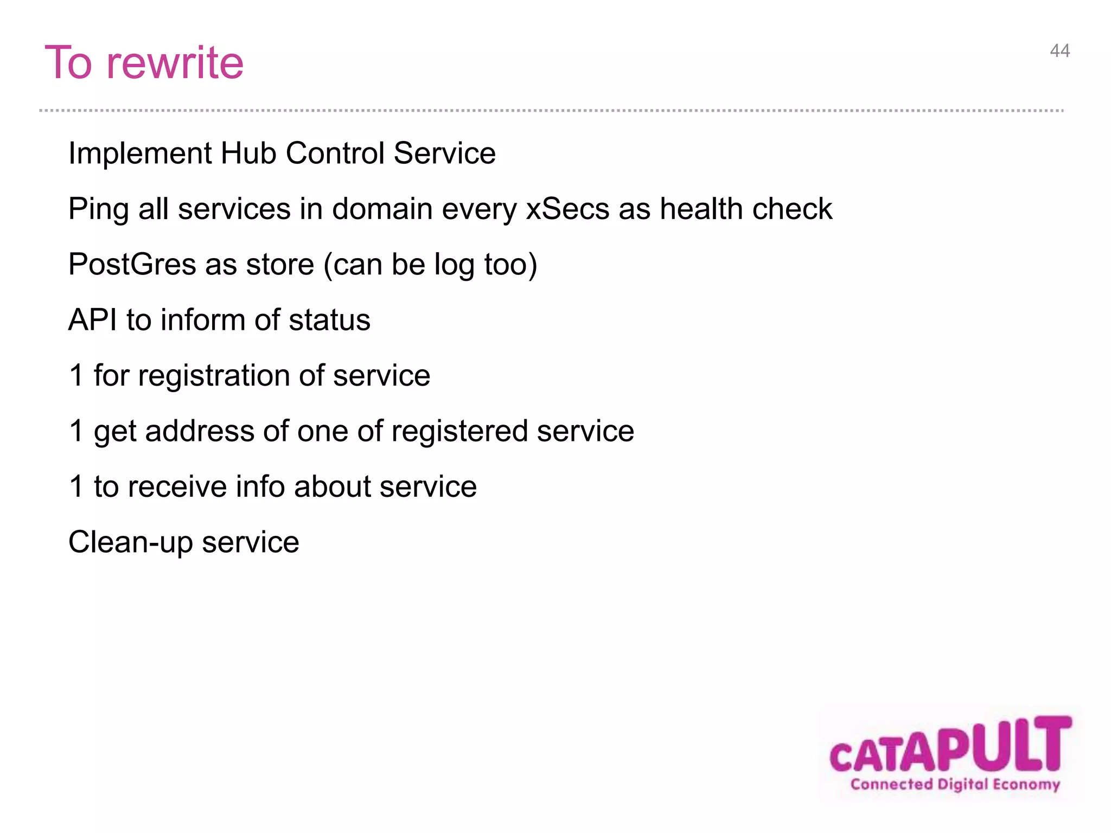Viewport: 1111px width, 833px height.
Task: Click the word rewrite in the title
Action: [x=175, y=63]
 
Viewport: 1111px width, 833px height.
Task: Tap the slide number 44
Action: [x=1059, y=51]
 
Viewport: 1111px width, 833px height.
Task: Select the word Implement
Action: [x=139, y=153]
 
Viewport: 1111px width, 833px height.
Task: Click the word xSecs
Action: [x=567, y=209]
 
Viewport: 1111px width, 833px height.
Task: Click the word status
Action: [x=329, y=320]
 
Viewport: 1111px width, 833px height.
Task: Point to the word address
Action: [x=200, y=432]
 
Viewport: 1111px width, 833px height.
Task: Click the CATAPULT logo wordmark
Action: [x=950, y=746]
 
